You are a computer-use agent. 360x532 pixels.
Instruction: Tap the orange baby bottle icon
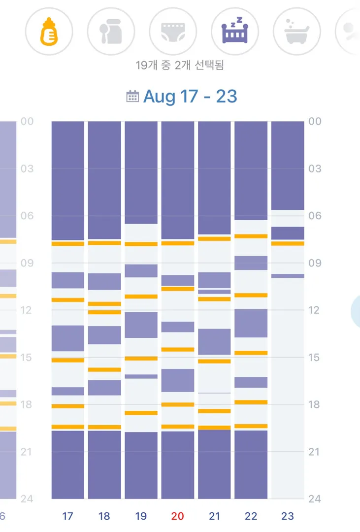49,32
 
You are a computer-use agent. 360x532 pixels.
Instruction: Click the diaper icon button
173,32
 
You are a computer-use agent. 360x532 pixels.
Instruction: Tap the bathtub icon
296,32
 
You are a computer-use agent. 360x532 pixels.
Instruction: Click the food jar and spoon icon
111,32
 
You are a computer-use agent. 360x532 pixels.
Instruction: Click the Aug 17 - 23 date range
190,97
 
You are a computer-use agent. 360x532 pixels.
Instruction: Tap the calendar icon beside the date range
132,97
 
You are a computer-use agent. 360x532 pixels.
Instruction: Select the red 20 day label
177,516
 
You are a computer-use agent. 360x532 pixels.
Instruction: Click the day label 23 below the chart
288,516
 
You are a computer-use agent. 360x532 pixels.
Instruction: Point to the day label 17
67,516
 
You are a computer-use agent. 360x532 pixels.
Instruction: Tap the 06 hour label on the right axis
315,216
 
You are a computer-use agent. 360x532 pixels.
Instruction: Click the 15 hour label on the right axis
314,357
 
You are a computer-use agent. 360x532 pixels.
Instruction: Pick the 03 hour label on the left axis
27,168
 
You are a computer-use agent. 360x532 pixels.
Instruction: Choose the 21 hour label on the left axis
26,452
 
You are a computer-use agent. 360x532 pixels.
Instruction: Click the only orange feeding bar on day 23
288,243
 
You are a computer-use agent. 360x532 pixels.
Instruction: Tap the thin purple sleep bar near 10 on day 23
288,276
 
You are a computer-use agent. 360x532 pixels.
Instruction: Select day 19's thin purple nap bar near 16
141,376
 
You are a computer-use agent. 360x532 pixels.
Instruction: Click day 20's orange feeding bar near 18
178,404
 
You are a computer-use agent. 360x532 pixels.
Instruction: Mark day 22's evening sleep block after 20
251,465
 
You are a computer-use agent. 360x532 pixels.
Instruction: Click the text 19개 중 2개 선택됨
180,65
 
